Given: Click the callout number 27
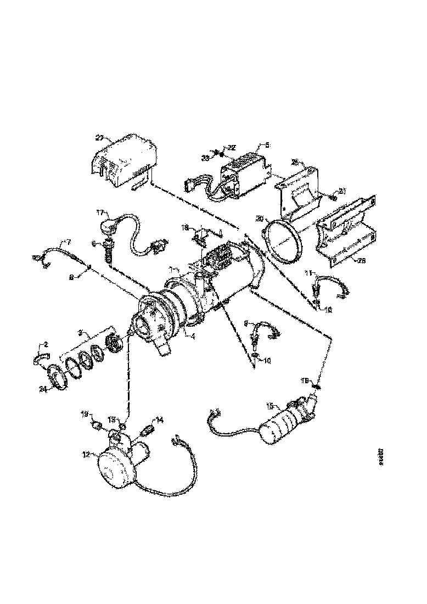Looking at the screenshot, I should (100, 138).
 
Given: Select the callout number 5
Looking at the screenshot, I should (267, 145).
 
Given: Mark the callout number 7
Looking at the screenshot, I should (69, 242).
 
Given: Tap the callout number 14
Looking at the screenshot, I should (160, 420).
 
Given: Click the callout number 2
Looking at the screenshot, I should (46, 344).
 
